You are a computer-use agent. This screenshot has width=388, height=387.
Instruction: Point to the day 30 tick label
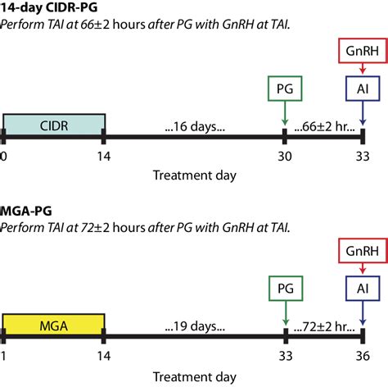pos(284,156)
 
